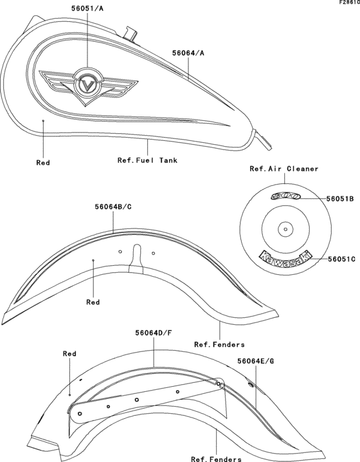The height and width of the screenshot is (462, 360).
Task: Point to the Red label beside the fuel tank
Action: [x=43, y=163]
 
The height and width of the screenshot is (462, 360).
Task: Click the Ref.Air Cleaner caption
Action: [x=283, y=169]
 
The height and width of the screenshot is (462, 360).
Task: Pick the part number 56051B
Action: [x=340, y=199]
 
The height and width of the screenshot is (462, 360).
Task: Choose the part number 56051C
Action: [x=341, y=259]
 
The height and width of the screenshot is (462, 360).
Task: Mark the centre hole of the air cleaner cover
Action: [x=283, y=227]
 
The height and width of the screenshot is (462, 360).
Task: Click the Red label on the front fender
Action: [x=94, y=300]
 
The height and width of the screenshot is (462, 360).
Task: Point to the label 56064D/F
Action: [x=154, y=333]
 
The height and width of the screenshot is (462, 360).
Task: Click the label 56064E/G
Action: [x=256, y=361]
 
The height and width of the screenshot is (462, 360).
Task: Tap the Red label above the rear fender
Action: [x=69, y=354]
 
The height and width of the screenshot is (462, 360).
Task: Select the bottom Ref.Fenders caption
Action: [x=216, y=459]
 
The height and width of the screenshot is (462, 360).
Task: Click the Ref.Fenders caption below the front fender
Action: [x=219, y=344]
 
